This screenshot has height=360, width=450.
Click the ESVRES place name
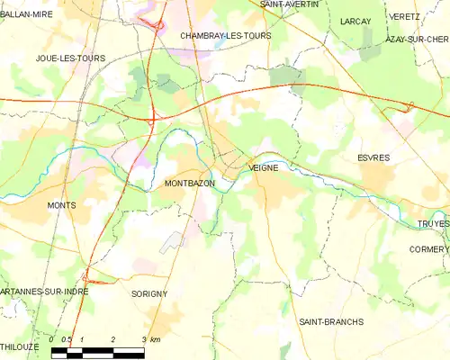(x=373, y=157)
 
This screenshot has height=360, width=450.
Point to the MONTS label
(x=61, y=205)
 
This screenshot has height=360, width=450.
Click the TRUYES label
(x=433, y=223)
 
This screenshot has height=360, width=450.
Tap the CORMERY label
(x=428, y=249)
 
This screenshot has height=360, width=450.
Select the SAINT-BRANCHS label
(x=330, y=321)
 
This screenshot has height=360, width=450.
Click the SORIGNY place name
(x=149, y=294)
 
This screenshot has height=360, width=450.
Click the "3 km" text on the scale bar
(x=149, y=339)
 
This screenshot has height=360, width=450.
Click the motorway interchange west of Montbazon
(x=153, y=117)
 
